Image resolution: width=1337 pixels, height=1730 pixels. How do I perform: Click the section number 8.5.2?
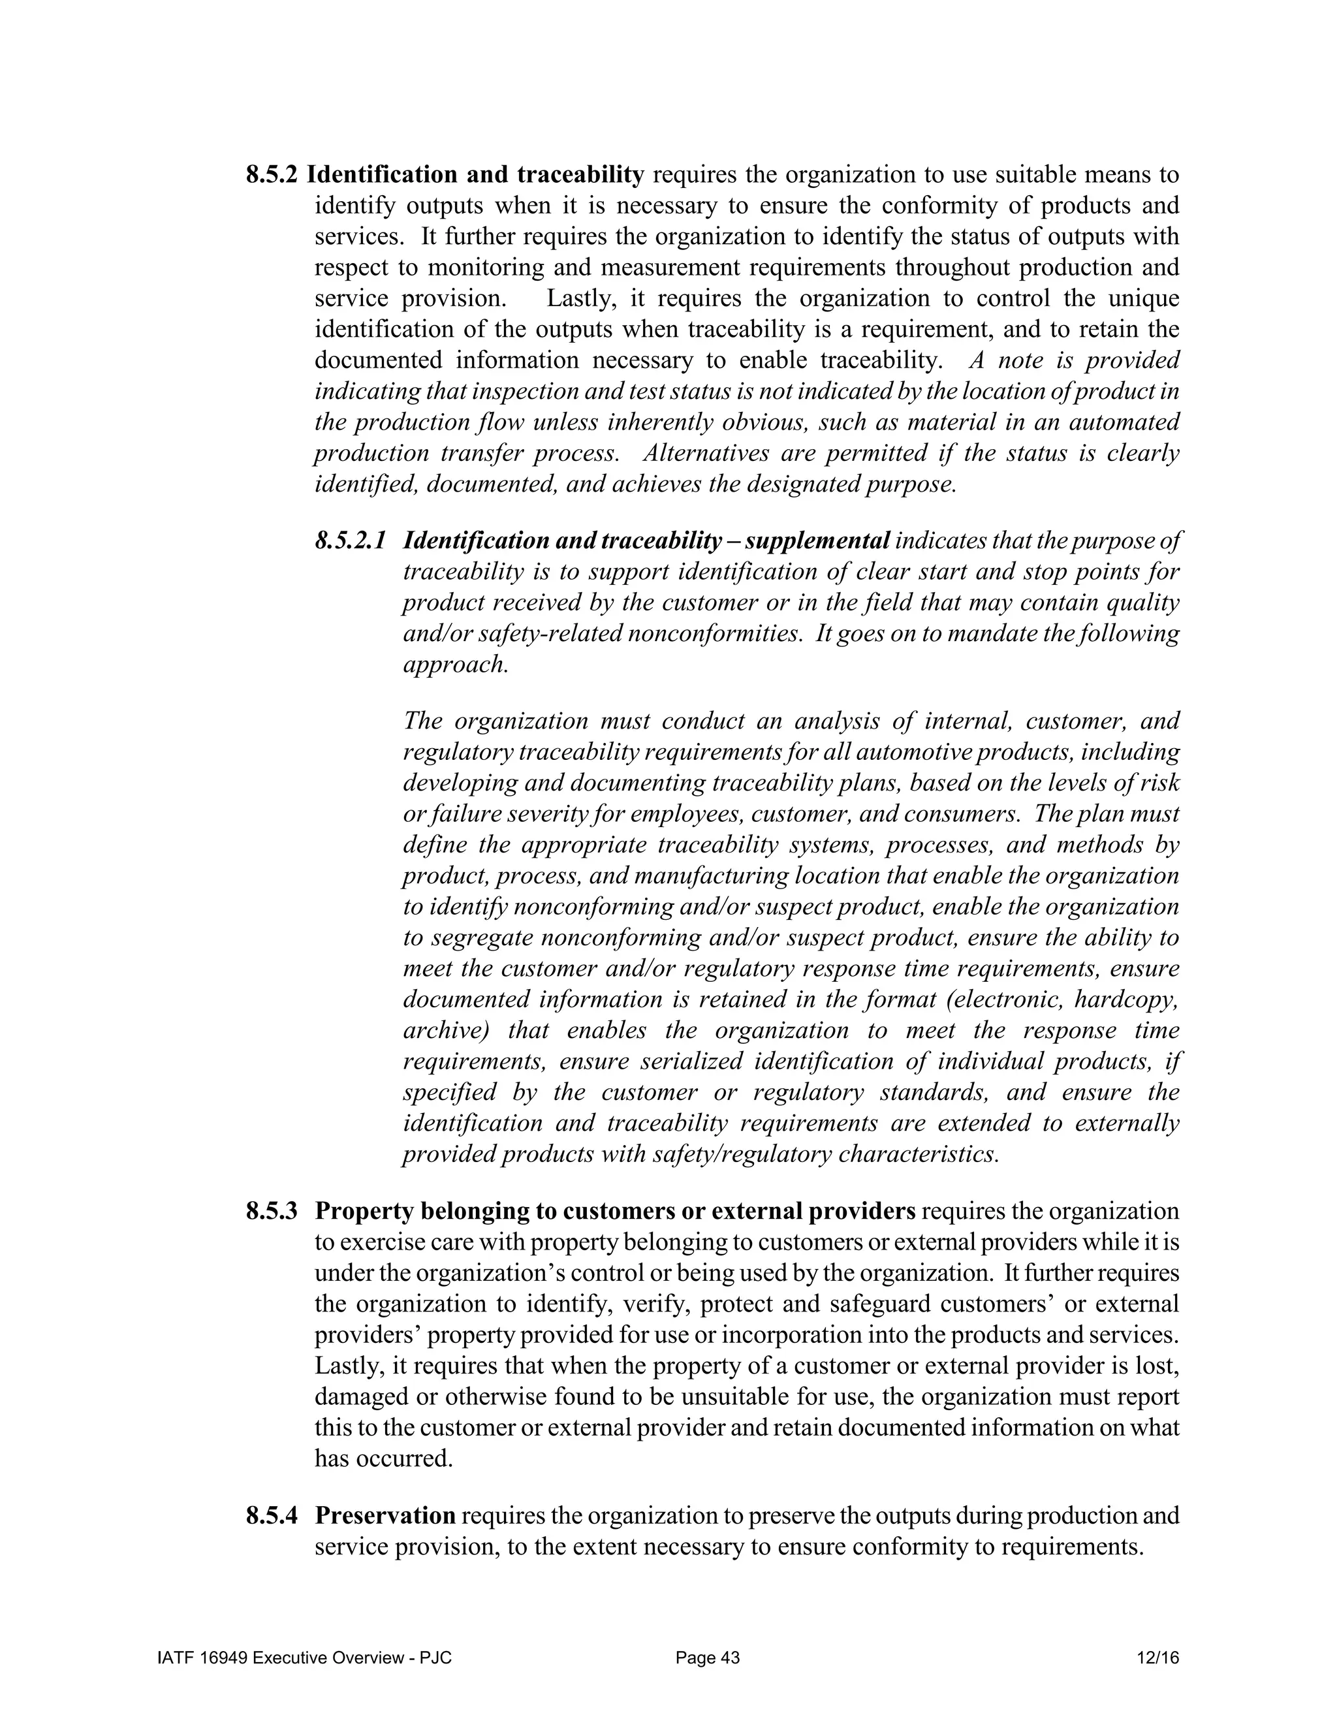pyautogui.click(x=272, y=174)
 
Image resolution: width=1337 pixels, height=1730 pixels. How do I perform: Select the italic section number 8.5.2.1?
pyautogui.click(x=350, y=541)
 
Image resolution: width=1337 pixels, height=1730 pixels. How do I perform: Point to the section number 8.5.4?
pyautogui.click(x=272, y=1516)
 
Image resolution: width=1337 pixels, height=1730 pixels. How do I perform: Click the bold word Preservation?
pyautogui.click(x=385, y=1516)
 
